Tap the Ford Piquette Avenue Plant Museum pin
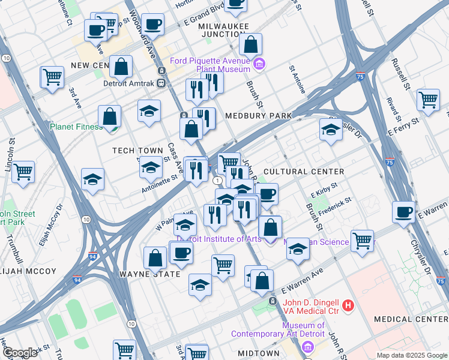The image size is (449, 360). (x=259, y=64)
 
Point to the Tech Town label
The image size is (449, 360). (x=137, y=151)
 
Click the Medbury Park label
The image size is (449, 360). (x=258, y=115)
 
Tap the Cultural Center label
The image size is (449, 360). (x=304, y=172)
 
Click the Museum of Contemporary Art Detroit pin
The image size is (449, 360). (x=308, y=347)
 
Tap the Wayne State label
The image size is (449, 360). (x=149, y=274)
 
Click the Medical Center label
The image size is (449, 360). (x=411, y=319)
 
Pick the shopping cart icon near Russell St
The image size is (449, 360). (x=429, y=99)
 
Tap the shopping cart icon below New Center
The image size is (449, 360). (x=52, y=76)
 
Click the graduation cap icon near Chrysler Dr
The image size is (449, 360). (x=330, y=129)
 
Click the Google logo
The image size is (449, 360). (x=20, y=353)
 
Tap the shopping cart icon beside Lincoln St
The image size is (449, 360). (x=23, y=171)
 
